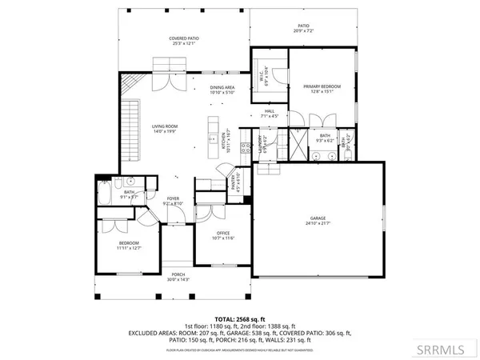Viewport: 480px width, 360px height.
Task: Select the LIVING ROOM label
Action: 166,126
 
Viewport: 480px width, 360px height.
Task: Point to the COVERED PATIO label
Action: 183,38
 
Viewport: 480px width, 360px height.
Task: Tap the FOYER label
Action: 172,198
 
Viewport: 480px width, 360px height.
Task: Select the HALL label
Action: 270,111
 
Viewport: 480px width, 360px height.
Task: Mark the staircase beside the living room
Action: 130,120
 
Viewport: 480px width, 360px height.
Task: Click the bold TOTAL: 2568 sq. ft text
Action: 240,318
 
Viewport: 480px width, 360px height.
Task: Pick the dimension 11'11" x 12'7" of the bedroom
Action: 129,248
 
